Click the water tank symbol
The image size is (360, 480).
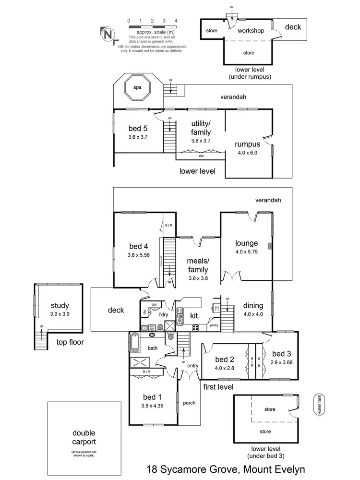tap(317, 405)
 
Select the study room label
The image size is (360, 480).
tap(60, 305)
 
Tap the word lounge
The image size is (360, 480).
tap(246, 243)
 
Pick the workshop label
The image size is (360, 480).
tap(251, 31)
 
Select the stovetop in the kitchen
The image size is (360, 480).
tap(196, 328)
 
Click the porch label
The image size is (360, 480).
tap(189, 403)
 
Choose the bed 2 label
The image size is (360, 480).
tap(224, 360)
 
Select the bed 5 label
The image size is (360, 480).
tap(138, 129)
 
